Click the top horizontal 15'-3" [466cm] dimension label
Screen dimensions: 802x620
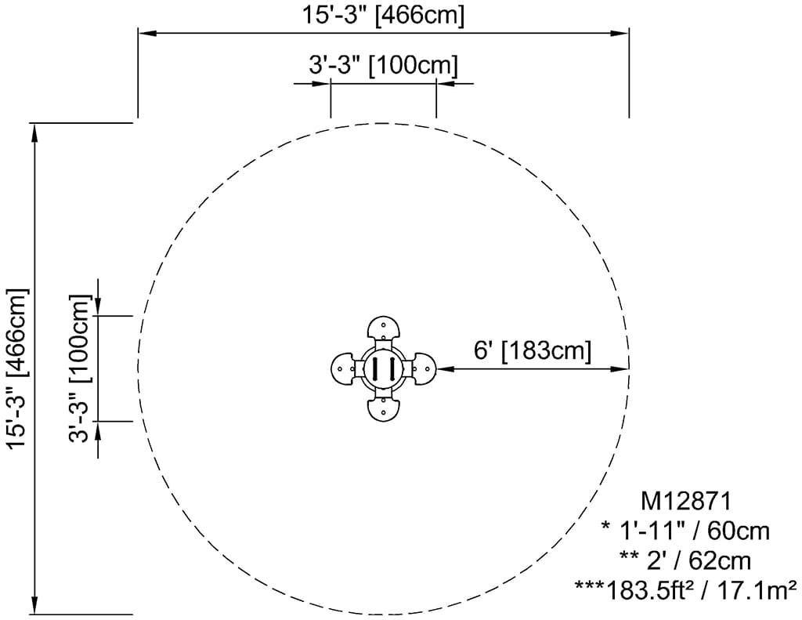coord(383,15)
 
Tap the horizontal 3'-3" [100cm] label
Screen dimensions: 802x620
coord(383,66)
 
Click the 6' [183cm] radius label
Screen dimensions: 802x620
coord(533,350)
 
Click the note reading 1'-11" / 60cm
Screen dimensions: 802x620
coord(686,531)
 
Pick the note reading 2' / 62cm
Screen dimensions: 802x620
coord(685,560)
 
